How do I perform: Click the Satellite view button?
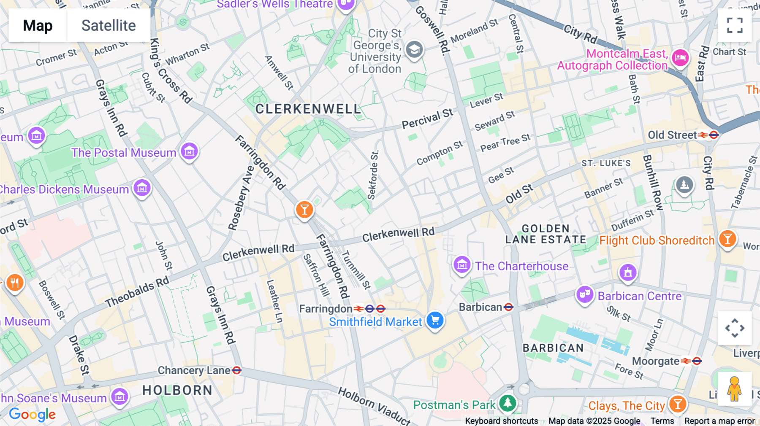(x=109, y=26)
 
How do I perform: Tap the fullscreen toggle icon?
(x=735, y=25)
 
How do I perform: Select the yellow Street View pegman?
(x=734, y=389)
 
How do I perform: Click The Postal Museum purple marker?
(x=189, y=151)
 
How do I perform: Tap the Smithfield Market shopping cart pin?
(x=435, y=321)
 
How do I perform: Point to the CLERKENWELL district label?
(x=308, y=109)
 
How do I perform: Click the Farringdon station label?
(x=326, y=309)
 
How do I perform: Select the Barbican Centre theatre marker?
(x=585, y=294)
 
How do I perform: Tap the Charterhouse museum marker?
(x=462, y=265)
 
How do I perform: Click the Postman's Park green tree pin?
(x=508, y=403)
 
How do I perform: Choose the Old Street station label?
(x=672, y=135)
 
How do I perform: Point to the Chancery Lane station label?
(x=194, y=370)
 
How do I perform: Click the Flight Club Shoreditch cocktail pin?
(x=727, y=239)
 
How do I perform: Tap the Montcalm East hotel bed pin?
(x=680, y=57)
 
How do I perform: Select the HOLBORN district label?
(x=177, y=391)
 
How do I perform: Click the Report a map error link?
(x=719, y=421)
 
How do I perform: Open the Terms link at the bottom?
(x=662, y=421)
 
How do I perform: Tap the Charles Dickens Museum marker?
(x=142, y=188)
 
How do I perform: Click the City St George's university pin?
(x=414, y=50)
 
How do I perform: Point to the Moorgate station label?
(x=656, y=361)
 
